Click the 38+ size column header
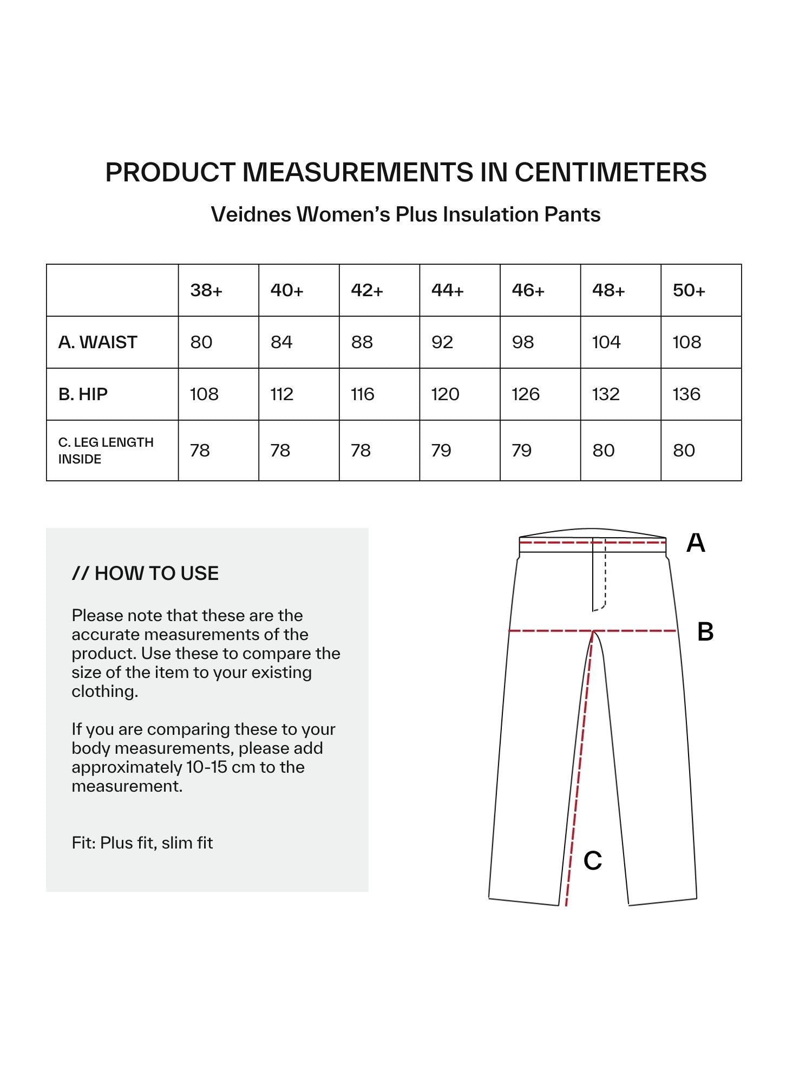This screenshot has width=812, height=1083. [206, 291]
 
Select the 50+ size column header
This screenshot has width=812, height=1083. [689, 291]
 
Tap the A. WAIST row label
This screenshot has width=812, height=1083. [98, 342]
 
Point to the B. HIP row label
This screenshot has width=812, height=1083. [83, 394]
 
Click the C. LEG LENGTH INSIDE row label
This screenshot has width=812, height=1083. [106, 451]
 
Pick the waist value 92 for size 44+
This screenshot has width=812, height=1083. [442, 342]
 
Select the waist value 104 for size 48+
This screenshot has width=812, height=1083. [606, 342]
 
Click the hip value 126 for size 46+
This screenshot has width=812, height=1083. [525, 394]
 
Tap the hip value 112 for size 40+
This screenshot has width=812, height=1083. [281, 394]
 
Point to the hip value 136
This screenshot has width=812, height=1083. [686, 394]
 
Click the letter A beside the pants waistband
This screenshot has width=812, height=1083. [696, 543]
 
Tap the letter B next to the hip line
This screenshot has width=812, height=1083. [705, 632]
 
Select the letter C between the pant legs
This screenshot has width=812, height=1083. [593, 860]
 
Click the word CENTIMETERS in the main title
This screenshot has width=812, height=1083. [610, 172]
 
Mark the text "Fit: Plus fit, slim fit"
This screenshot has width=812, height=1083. [142, 843]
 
